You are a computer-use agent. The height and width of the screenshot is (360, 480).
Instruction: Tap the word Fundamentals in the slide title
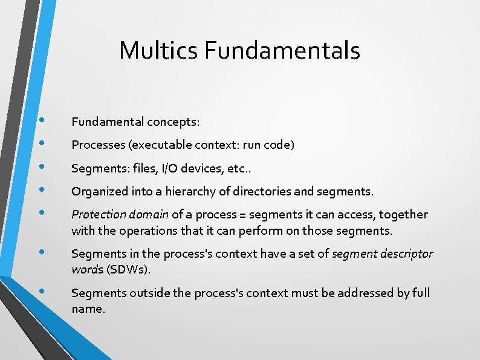[x=282, y=50]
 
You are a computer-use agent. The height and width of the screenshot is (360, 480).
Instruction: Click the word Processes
[x=96, y=145]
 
